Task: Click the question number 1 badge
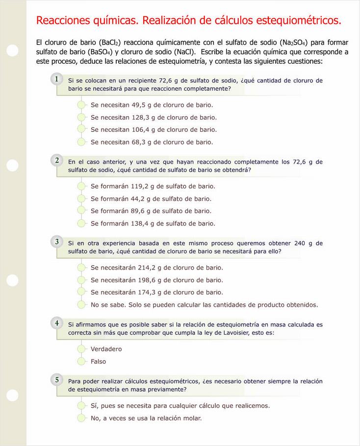point(57,79)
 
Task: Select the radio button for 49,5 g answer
point(82,105)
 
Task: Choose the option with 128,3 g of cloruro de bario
point(82,117)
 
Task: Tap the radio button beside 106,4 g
point(82,129)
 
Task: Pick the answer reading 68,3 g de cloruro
point(82,142)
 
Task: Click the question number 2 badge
point(57,160)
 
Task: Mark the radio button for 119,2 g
point(82,186)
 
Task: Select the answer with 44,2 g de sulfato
point(82,198)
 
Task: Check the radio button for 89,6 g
point(82,211)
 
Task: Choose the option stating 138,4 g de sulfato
point(82,223)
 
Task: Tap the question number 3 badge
point(57,242)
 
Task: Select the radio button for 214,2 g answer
point(82,268)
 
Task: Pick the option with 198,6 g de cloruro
point(82,280)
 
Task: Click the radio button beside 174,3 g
point(82,292)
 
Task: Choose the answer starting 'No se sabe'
point(82,305)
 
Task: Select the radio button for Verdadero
point(82,349)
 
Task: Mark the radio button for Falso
point(82,362)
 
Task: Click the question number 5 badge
point(57,380)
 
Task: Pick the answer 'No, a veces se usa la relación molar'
point(82,418)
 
